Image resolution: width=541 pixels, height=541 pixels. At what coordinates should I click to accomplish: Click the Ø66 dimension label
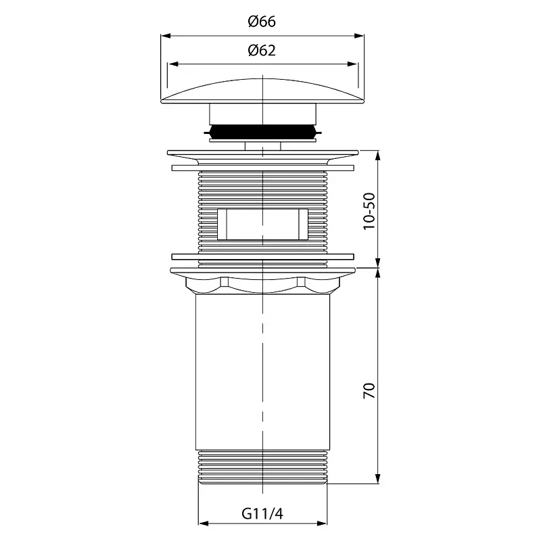coord(262,22)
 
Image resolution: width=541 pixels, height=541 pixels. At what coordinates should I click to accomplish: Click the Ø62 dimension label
coord(262,50)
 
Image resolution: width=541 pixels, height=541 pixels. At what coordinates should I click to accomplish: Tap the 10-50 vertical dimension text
coord(369,211)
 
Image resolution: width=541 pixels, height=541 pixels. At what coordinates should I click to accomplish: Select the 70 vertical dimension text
coord(369,391)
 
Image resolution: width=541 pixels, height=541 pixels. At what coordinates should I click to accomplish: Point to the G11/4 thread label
coord(262,514)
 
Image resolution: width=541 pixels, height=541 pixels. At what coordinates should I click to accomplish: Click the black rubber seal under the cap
coord(262,131)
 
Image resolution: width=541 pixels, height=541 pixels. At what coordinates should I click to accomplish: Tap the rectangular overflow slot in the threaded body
coord(262,224)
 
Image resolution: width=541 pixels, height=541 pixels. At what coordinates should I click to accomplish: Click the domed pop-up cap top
coord(262,91)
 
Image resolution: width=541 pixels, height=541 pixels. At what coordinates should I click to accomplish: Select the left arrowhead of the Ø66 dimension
coord(166,36)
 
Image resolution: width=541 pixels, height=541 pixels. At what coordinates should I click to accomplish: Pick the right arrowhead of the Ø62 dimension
coord(352,64)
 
